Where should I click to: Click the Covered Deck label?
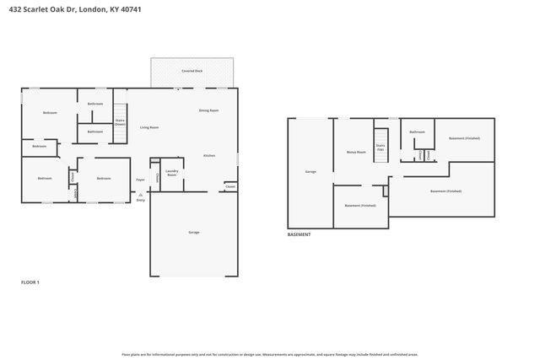(x=192, y=71)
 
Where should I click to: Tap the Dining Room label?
(x=208, y=110)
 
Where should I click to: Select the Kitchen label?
(x=208, y=156)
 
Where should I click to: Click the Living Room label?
(x=149, y=127)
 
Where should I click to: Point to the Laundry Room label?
(x=171, y=173)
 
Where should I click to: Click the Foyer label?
(x=141, y=179)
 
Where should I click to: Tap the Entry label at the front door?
(x=140, y=199)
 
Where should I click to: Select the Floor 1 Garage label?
(x=193, y=232)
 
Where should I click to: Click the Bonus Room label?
(x=356, y=152)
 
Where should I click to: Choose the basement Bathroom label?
(x=417, y=132)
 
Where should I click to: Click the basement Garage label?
(x=310, y=171)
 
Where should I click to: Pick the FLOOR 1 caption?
(x=30, y=282)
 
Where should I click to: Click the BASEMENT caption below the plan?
(x=300, y=234)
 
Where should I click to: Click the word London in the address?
(x=89, y=8)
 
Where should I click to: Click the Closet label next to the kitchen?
(x=229, y=185)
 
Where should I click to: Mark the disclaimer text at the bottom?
(x=270, y=354)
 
